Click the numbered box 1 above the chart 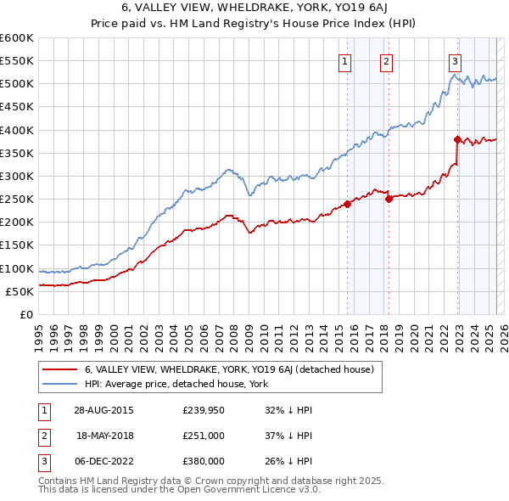346,60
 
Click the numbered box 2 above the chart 386,60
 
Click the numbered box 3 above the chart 456,60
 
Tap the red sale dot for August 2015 348,204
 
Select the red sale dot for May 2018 389,199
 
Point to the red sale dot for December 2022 457,139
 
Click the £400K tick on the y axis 17,130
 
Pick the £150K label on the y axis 17,245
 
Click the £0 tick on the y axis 26,314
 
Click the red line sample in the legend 60,369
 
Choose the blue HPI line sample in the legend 60,384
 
